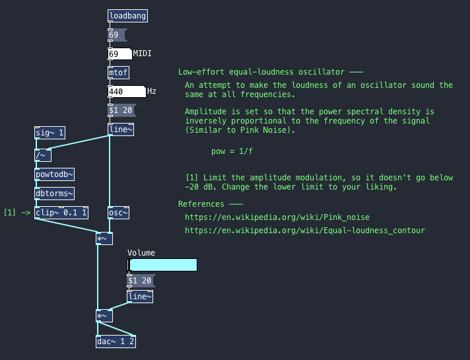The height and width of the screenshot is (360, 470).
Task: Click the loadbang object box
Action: tap(127, 16)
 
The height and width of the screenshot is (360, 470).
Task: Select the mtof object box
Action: tap(119, 73)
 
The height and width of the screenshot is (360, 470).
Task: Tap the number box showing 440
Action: tap(126, 92)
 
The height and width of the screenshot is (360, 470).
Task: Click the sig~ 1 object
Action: tap(50, 133)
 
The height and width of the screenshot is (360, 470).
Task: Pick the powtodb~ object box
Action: tap(54, 174)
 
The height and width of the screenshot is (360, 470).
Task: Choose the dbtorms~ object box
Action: tap(54, 194)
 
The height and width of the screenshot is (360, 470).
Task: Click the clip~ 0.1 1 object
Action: tap(61, 213)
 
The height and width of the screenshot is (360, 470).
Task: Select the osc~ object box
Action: tap(118, 213)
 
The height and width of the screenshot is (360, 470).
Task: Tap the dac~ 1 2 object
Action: tap(116, 342)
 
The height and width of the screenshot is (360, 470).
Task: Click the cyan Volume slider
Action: tap(162, 266)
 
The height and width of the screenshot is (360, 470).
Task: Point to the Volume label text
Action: tap(141, 253)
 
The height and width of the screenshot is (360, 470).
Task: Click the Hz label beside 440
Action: tap(152, 91)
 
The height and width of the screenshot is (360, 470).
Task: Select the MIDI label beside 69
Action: tap(143, 53)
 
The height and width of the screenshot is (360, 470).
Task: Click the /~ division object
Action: tap(42, 156)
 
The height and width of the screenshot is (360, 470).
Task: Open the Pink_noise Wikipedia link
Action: tap(277, 217)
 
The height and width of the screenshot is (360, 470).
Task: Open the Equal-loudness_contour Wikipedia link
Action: tap(304, 231)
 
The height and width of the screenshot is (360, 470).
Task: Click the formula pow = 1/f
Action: tap(232, 151)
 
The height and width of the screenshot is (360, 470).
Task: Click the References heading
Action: tap(205, 204)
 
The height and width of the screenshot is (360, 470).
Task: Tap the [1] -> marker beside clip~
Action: tap(17, 213)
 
